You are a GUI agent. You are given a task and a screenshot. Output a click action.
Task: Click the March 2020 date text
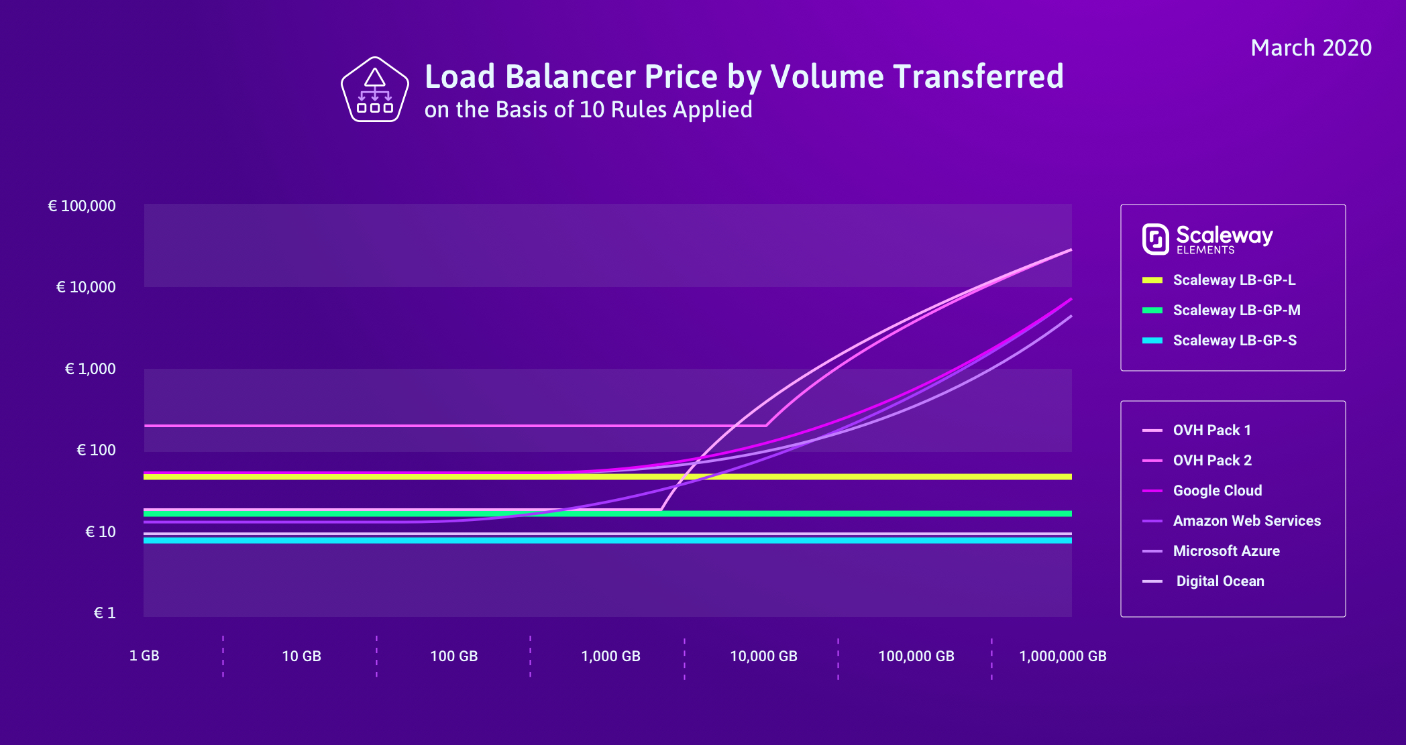(1311, 48)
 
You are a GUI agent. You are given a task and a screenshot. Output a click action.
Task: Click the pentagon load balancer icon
(374, 91)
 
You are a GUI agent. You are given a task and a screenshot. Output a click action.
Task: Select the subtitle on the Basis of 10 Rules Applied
(588, 110)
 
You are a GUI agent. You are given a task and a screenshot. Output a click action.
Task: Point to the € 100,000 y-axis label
(81, 206)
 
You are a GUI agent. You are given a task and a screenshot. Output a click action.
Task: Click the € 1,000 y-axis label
(90, 369)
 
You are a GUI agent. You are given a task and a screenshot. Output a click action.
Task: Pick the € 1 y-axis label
(104, 613)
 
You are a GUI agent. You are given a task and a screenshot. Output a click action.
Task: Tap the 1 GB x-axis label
(144, 656)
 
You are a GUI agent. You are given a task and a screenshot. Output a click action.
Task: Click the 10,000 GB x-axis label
(763, 656)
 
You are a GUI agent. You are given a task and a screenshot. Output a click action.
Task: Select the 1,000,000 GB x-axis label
(1063, 656)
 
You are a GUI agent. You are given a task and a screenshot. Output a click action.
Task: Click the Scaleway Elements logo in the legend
(1207, 239)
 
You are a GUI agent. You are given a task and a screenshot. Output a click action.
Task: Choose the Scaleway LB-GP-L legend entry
(1234, 280)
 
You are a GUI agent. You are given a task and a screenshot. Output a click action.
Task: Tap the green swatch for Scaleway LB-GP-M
(1152, 310)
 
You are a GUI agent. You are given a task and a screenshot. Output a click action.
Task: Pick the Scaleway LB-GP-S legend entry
(1234, 341)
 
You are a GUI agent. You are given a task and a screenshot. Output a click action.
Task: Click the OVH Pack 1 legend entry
(1211, 431)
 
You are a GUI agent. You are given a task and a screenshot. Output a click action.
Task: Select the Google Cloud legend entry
(1217, 491)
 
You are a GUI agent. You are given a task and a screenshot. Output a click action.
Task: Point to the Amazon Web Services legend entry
(1246, 521)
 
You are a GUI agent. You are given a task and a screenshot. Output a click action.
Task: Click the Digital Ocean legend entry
(1220, 581)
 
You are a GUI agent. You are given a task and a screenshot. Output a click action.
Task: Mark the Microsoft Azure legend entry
(1226, 551)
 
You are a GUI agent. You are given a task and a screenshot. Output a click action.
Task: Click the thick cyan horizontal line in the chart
(604, 540)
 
